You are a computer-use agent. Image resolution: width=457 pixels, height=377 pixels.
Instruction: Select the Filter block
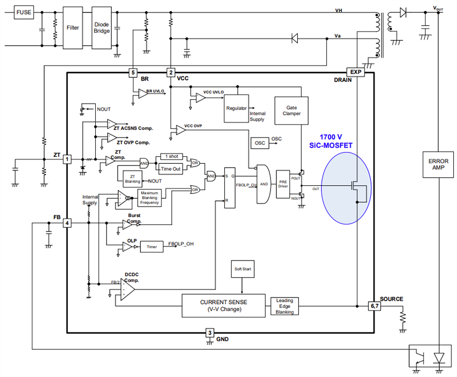click(73, 27)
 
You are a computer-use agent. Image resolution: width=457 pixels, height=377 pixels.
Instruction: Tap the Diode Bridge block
click(102, 27)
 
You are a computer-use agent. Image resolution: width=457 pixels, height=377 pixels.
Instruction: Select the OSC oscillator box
click(260, 142)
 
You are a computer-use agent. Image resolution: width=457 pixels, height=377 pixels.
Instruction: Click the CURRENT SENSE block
click(224, 306)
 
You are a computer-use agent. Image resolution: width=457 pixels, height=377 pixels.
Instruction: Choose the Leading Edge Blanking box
click(284, 307)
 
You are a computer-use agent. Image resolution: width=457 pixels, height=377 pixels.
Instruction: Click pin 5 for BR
click(133, 72)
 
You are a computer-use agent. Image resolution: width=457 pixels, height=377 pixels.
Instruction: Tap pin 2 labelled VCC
click(170, 72)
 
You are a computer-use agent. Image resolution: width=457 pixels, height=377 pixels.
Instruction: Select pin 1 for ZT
click(67, 159)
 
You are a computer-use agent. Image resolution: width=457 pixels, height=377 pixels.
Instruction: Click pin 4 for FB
click(67, 222)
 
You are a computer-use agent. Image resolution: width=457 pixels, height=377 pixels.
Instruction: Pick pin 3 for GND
click(210, 333)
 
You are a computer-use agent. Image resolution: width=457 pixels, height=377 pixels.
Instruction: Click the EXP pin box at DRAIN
click(355, 72)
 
